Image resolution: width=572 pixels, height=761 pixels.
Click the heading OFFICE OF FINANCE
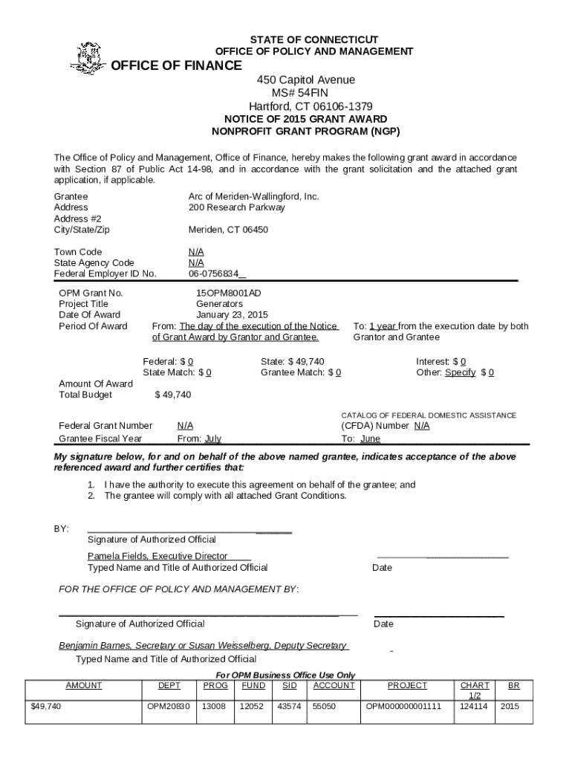(x=176, y=66)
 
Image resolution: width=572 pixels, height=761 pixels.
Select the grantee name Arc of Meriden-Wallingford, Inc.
(x=253, y=196)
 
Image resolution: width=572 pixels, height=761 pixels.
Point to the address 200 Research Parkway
(x=236, y=207)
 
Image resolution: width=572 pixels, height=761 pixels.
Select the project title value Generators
(x=219, y=304)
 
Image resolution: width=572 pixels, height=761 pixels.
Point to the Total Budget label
(x=85, y=395)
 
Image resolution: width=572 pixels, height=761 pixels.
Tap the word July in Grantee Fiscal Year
(x=212, y=438)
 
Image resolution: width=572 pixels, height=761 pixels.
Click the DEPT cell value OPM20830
(x=169, y=707)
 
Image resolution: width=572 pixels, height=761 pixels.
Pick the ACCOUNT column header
(x=334, y=685)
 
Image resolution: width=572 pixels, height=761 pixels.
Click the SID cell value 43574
(x=288, y=707)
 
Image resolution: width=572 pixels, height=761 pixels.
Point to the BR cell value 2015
(x=510, y=707)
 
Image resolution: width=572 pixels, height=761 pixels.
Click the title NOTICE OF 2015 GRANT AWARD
(x=305, y=119)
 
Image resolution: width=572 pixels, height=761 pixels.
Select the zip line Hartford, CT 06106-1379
(x=305, y=106)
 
